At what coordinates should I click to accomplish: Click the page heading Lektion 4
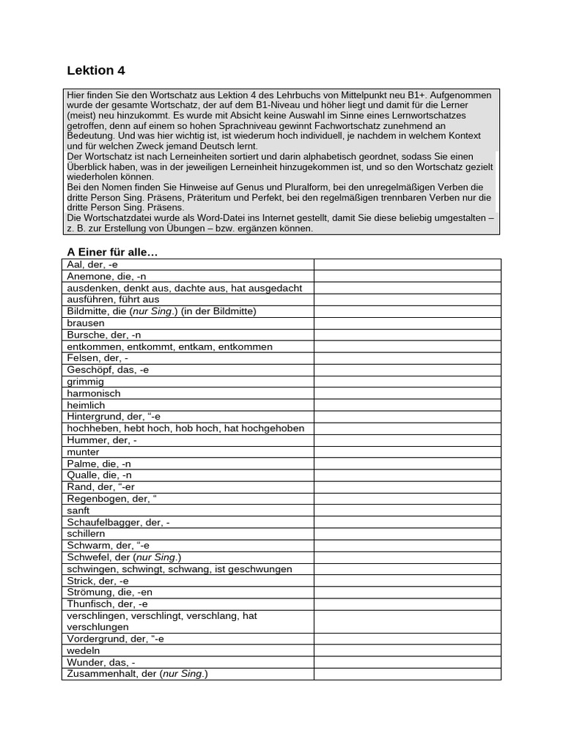click(96, 71)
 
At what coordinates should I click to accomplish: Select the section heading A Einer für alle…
click(112, 253)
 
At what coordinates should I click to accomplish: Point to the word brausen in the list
click(86, 323)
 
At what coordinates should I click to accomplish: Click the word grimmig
click(85, 382)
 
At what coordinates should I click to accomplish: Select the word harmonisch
click(92, 393)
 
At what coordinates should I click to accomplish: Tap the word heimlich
click(86, 405)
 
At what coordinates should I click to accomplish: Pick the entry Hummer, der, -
click(102, 440)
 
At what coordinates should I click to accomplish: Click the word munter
click(83, 452)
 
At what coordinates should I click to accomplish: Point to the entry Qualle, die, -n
click(99, 475)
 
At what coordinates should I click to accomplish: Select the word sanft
click(78, 510)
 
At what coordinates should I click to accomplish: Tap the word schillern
click(87, 534)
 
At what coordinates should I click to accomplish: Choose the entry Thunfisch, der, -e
click(107, 604)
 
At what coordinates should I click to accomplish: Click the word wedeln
click(84, 650)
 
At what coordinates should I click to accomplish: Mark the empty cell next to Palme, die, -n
click(407, 464)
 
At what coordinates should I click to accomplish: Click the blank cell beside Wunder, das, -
click(407, 662)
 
